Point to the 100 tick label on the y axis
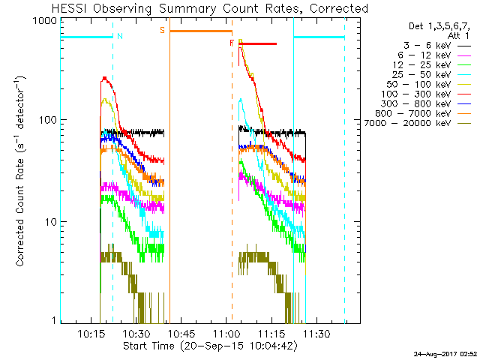coord(46,120)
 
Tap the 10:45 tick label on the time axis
coord(183,333)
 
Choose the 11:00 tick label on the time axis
coord(226,333)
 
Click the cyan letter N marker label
coord(120,35)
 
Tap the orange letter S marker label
coord(162,31)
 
